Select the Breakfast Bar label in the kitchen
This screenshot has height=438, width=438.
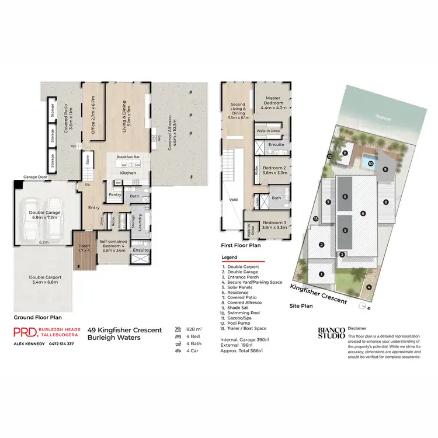[127, 157]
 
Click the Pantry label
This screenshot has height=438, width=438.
[114, 195]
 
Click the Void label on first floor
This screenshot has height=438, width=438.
[234, 199]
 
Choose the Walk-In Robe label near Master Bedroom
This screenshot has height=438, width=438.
[268, 131]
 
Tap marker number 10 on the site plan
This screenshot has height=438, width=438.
[370, 164]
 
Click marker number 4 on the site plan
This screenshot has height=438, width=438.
[369, 287]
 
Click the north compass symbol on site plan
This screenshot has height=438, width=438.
[364, 305]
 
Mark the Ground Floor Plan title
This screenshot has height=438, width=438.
[36, 318]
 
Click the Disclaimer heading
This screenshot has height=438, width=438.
[358, 329]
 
